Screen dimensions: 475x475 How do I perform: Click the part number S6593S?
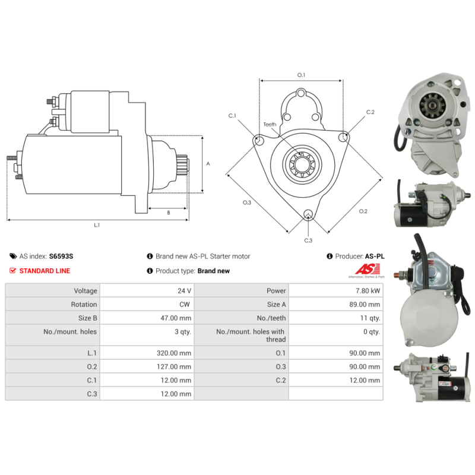point(61,256)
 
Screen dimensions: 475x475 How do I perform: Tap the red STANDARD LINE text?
point(45,271)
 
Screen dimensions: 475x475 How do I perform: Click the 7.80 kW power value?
point(368,291)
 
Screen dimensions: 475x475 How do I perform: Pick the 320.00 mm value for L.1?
point(174,353)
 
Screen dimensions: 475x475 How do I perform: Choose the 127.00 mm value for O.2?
point(174,366)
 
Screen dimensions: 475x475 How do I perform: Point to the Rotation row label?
point(84,305)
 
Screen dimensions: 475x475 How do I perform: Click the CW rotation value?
point(185,305)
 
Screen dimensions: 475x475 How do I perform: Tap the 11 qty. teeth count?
point(370,318)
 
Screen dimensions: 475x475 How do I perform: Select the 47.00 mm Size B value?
point(176,318)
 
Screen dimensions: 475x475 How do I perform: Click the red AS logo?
point(368,269)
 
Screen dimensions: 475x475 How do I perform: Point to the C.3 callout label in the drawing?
point(308,240)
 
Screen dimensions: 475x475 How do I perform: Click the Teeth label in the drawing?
point(270,125)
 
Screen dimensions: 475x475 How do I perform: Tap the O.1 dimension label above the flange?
point(301,75)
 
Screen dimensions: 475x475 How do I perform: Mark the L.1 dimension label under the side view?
point(97,225)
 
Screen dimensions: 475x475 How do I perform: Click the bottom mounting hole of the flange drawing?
point(308,214)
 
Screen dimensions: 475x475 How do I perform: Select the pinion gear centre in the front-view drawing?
point(302,164)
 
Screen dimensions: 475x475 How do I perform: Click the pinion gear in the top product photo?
point(432,105)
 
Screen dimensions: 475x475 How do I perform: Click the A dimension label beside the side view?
point(208,164)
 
